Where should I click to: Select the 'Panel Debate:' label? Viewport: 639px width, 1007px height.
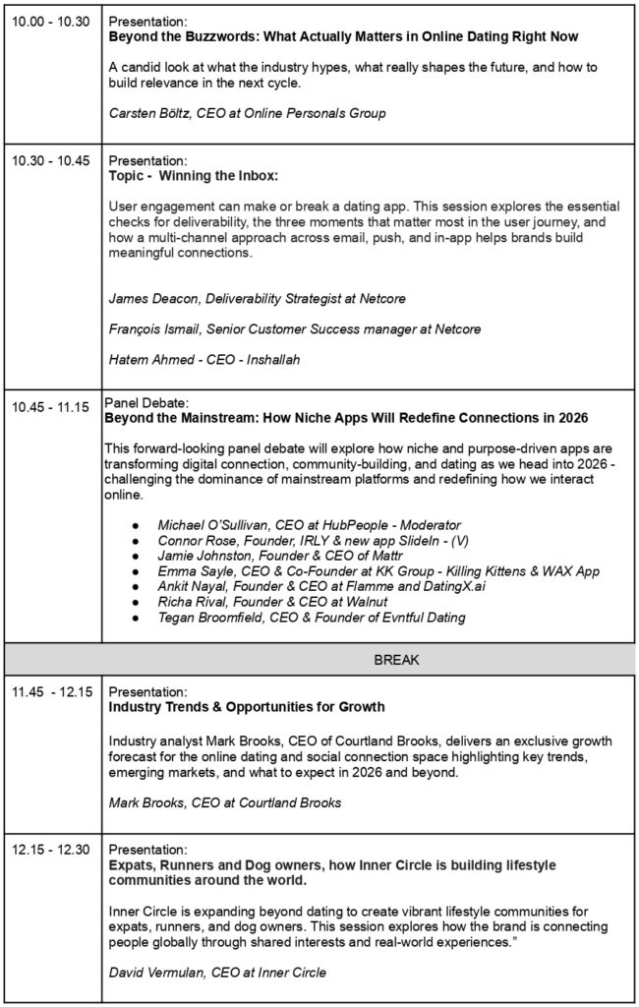[x=146, y=401]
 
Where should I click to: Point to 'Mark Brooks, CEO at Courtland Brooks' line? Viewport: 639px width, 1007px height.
[x=225, y=802]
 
